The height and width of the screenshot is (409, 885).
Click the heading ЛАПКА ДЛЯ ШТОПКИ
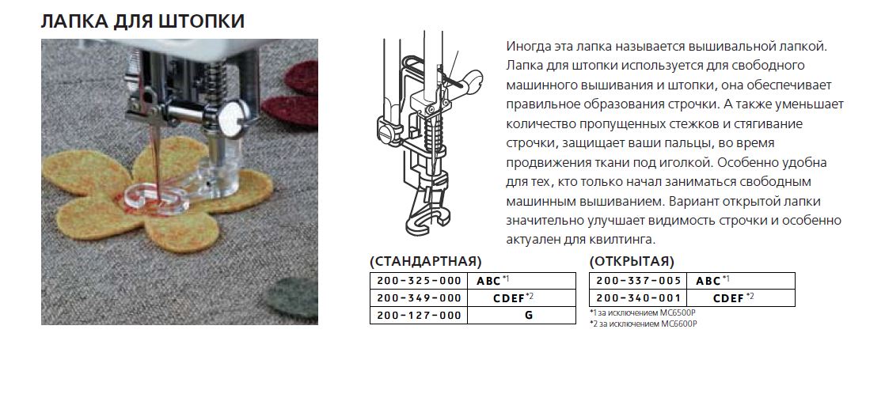[x=142, y=21]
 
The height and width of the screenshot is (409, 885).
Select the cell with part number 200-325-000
[x=419, y=281]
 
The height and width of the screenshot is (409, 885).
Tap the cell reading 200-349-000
[x=419, y=298]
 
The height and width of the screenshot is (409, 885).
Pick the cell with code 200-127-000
[x=419, y=316]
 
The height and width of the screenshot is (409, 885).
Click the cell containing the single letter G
[x=522, y=316]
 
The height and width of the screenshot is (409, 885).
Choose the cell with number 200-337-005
[x=638, y=281]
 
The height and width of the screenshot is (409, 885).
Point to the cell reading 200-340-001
[x=638, y=298]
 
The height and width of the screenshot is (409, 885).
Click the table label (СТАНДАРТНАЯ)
[x=426, y=262]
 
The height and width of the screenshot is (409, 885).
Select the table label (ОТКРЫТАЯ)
[x=632, y=262]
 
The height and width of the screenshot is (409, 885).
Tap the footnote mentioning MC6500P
[x=643, y=312]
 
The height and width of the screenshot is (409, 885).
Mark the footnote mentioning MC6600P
[x=644, y=324]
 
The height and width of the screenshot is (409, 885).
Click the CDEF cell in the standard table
[x=522, y=298]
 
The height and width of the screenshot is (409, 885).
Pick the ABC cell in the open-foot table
[x=741, y=281]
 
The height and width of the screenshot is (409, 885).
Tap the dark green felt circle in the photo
[x=291, y=298]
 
